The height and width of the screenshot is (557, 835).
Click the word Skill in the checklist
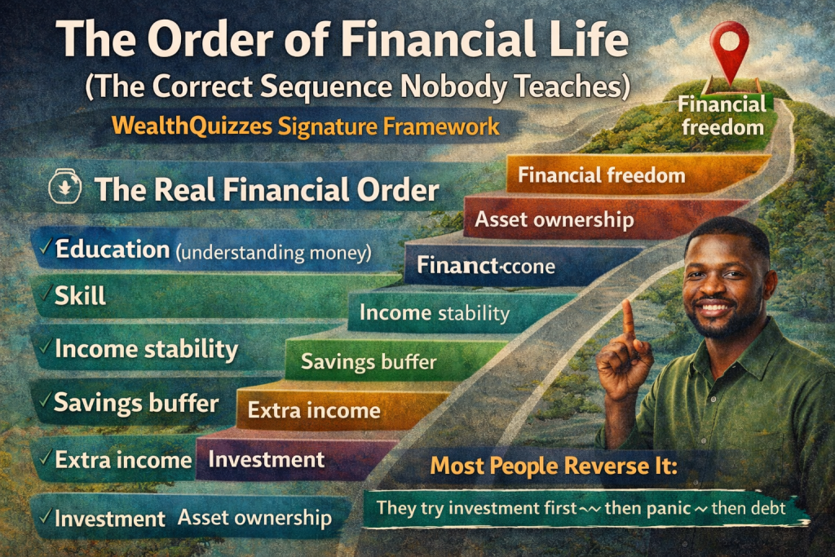(80, 295)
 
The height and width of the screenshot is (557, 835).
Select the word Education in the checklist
(113, 250)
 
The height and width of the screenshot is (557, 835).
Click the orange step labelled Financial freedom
(601, 175)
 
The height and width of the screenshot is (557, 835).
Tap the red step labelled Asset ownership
(554, 219)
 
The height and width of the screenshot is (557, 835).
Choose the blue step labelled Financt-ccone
(485, 266)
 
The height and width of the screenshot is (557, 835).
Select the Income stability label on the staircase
(434, 313)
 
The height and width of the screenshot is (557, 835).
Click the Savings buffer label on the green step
(369, 361)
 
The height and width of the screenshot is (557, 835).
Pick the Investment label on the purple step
(266, 459)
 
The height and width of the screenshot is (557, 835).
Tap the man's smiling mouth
(715, 307)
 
